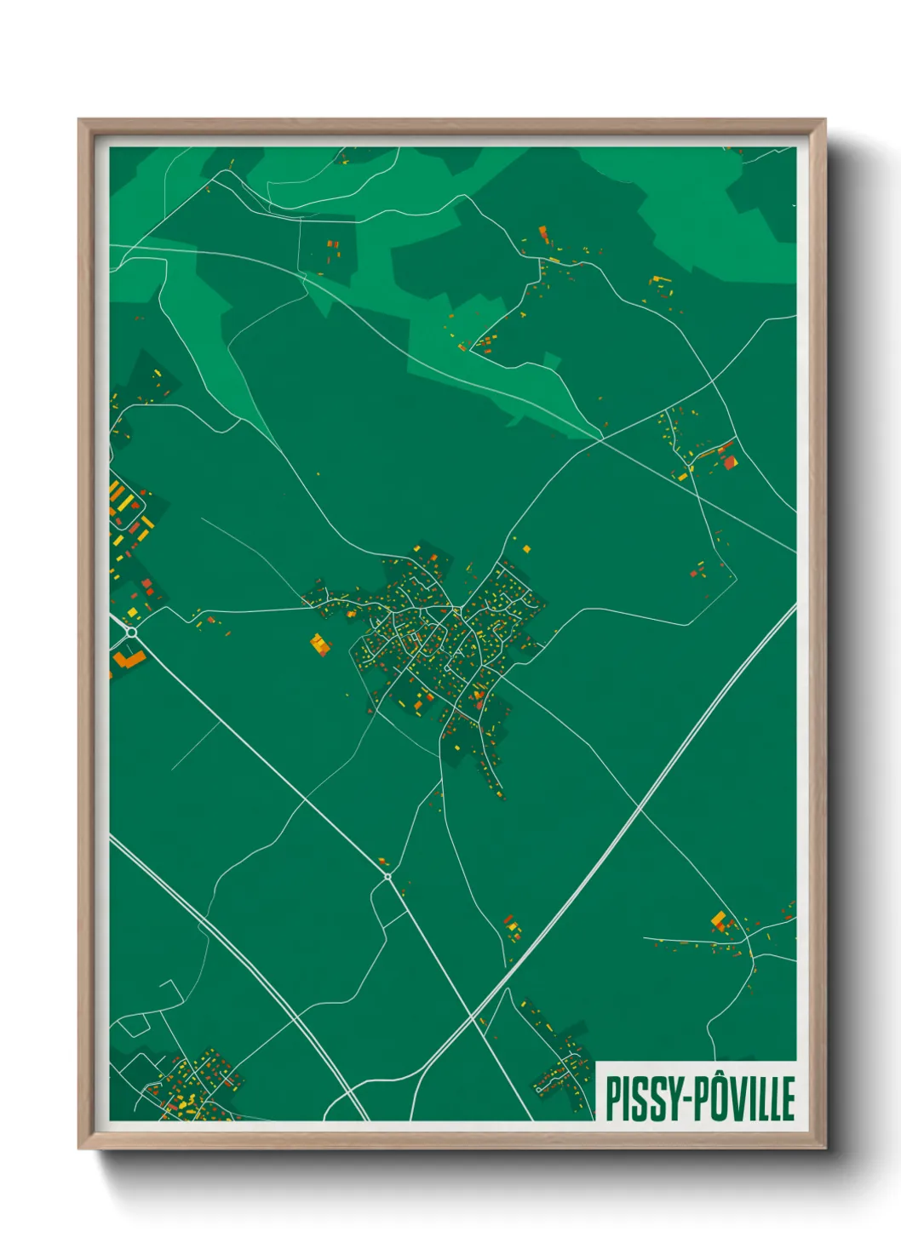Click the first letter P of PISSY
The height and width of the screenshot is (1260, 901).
(x=611, y=1098)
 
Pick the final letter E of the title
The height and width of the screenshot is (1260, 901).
(x=788, y=1099)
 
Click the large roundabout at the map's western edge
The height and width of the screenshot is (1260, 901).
(x=131, y=633)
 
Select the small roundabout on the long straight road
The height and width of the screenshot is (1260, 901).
(x=387, y=876)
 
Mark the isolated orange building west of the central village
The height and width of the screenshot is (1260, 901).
(x=320, y=644)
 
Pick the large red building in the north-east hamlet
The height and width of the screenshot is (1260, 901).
(x=730, y=462)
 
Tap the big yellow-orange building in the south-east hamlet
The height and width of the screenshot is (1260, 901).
(x=719, y=919)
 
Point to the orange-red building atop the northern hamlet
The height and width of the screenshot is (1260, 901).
(x=542, y=232)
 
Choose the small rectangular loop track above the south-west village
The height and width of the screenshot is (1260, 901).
(x=133, y=1026)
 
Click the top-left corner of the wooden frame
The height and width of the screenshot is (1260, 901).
(x=79, y=120)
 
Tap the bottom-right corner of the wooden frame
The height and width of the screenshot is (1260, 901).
(x=824, y=1148)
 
